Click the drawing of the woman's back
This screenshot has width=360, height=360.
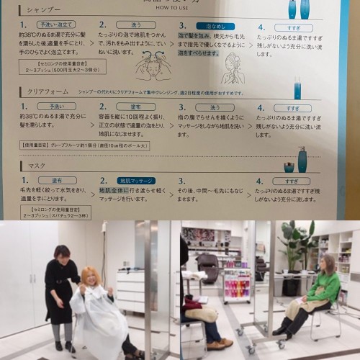[233, 69]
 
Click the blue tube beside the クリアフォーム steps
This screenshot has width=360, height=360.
[297, 90]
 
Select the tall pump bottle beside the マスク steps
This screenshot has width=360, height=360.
[302, 159]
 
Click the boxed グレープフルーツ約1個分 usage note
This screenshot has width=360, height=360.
[85, 145]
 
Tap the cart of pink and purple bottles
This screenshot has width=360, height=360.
[236, 284]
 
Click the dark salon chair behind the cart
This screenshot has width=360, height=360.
[208, 267]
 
